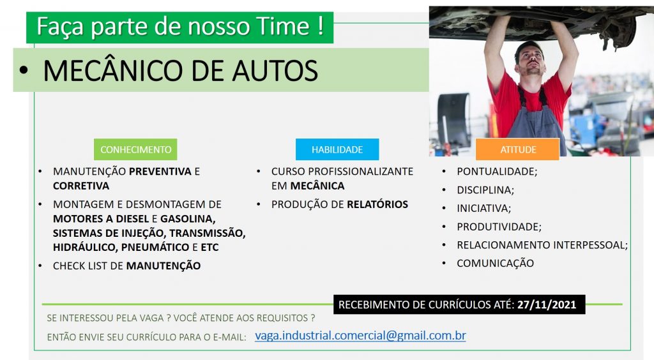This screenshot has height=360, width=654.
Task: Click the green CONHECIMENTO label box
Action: (135, 149)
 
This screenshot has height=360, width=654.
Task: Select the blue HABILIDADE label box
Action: (337, 149)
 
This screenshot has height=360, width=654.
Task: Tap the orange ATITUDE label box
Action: (517, 149)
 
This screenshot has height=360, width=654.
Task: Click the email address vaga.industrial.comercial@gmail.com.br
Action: (360, 335)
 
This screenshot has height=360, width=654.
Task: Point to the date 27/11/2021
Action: (547, 304)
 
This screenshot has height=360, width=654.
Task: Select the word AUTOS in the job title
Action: (275, 70)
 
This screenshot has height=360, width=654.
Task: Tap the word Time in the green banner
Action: (283, 26)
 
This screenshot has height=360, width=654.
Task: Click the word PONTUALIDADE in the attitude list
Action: (496, 171)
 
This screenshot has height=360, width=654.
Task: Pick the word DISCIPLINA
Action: (484, 190)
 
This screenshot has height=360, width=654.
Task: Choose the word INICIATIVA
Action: (482, 208)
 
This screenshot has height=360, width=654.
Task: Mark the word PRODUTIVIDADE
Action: (498, 227)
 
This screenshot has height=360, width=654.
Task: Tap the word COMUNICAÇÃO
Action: (495, 263)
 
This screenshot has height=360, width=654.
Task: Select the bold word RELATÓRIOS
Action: (377, 204)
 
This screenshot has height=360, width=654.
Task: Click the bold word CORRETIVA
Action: (81, 186)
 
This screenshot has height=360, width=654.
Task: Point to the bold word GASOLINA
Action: (187, 219)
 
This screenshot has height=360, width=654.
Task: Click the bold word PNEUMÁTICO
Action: (155, 247)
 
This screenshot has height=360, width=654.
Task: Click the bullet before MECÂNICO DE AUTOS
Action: (24, 70)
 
